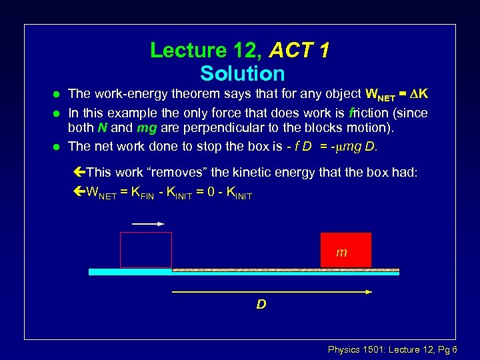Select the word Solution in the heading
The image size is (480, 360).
[x=242, y=73]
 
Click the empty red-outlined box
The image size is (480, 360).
[x=145, y=250]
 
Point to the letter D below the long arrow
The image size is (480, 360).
[x=261, y=305]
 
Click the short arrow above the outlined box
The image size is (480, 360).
[x=148, y=225]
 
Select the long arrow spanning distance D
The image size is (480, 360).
[x=272, y=291]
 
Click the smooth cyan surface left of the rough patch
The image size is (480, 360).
[x=130, y=272]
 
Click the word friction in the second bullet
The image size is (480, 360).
[x=359, y=113]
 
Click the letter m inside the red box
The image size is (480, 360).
[x=341, y=253]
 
